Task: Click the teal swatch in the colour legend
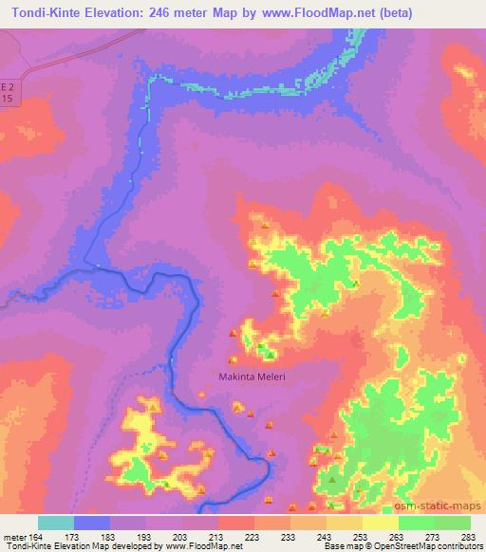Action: (56, 524)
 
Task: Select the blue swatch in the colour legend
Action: (92, 524)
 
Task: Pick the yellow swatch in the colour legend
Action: (381, 524)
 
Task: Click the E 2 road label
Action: (7, 83)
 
